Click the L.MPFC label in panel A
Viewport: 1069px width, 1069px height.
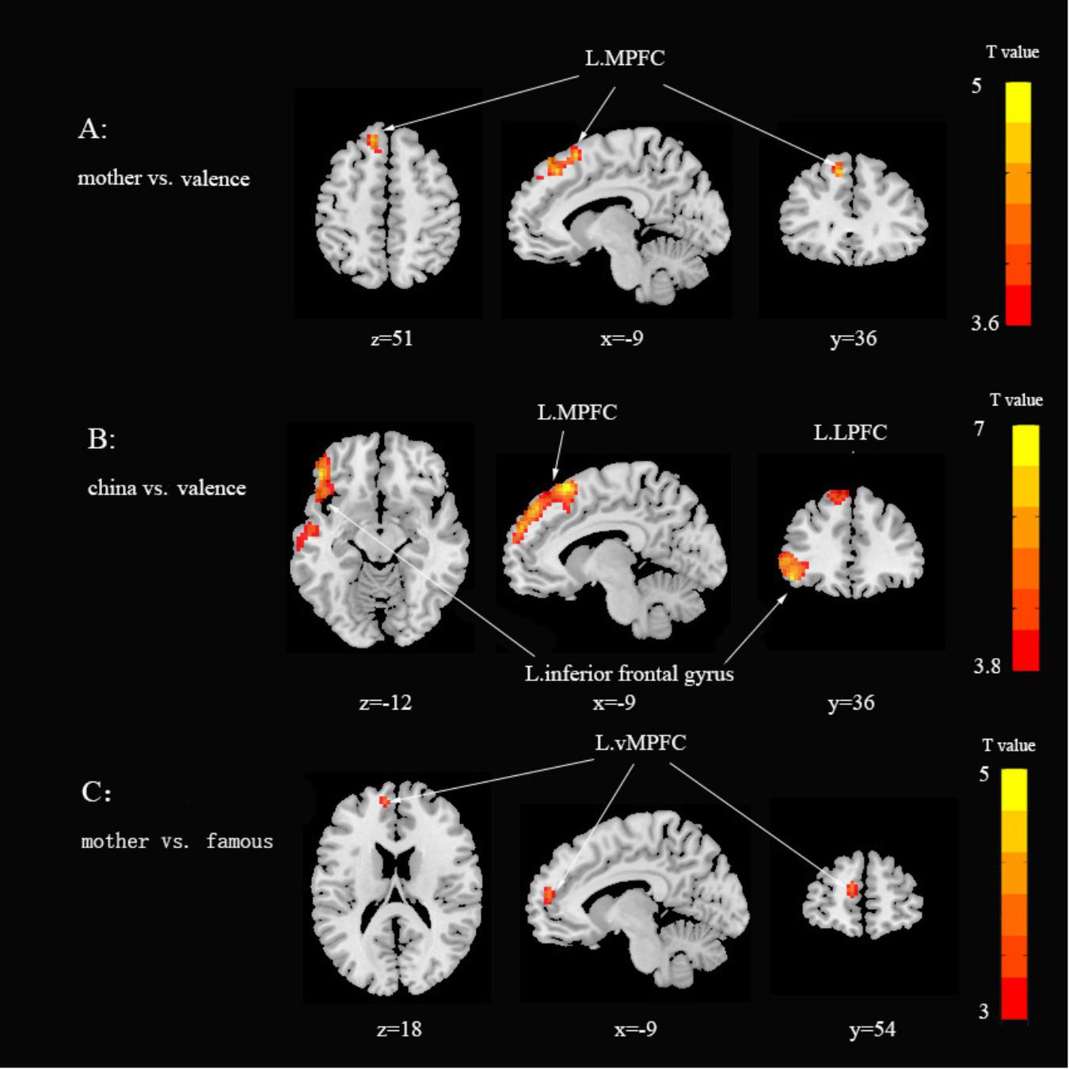click(625, 59)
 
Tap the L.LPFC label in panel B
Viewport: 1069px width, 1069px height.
click(850, 432)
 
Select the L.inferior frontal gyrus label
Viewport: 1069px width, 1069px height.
click(630, 674)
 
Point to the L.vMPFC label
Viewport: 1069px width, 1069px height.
click(641, 743)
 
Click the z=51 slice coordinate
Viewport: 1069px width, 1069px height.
click(392, 339)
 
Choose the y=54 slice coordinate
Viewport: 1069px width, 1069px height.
click(873, 1029)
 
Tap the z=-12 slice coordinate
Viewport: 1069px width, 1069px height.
click(386, 702)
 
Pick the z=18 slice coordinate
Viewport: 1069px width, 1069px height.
click(399, 1029)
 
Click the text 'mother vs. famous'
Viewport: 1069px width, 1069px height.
click(177, 841)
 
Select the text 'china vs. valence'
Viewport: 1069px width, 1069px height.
click(166, 488)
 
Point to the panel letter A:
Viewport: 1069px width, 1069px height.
click(93, 128)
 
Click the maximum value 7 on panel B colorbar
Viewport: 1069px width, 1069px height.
click(980, 429)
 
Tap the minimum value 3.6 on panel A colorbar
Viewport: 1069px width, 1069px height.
click(984, 323)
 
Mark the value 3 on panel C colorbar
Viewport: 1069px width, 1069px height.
click(983, 1011)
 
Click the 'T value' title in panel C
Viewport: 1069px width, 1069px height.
click(1009, 745)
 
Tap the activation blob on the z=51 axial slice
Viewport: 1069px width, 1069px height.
click(374, 143)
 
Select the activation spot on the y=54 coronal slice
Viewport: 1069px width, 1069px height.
click(852, 889)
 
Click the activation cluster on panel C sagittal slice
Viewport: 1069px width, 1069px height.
click(548, 896)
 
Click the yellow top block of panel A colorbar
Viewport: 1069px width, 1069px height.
click(1018, 101)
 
